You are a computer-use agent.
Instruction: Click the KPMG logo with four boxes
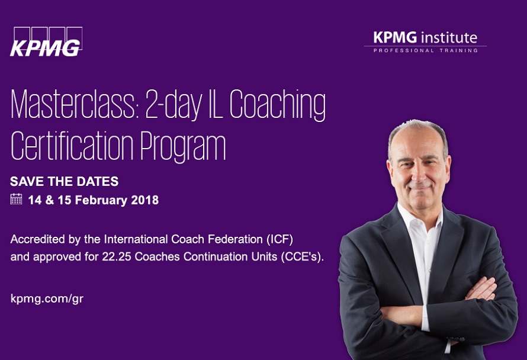point(46,41)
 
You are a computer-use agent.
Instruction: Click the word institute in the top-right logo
point(449,37)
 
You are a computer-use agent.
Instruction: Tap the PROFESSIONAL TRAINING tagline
point(426,50)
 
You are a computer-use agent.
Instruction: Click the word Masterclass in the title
point(74,104)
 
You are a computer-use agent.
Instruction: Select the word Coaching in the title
point(278,105)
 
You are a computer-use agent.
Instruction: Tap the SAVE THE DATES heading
point(64,182)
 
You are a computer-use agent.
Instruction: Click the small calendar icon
point(16,199)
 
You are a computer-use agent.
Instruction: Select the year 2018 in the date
point(145,200)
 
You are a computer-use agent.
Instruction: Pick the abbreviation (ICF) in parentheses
point(280,239)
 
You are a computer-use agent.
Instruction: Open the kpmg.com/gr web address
point(47,299)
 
